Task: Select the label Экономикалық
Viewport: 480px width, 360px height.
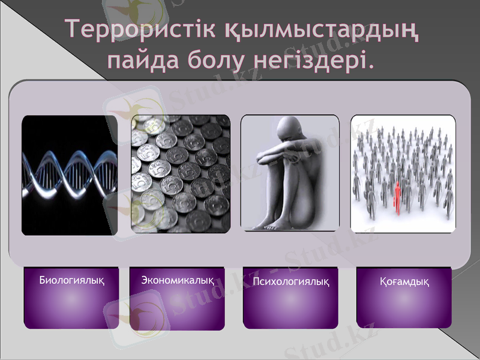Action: (x=178, y=280)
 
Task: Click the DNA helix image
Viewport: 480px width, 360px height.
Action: (x=69, y=175)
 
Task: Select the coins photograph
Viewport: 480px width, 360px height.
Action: (x=181, y=173)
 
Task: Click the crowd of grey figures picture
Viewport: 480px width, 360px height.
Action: (x=403, y=173)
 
